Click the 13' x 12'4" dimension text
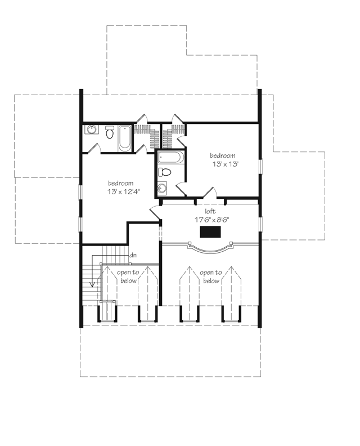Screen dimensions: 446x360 click(x=121, y=192)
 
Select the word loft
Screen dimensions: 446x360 click(x=210, y=212)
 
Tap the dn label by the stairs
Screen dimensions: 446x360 click(x=133, y=255)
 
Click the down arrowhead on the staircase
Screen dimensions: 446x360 click(x=91, y=284)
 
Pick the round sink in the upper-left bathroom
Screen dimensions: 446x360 click(x=92, y=130)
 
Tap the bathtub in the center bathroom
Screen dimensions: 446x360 click(x=170, y=157)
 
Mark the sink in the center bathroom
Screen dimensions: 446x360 click(x=163, y=188)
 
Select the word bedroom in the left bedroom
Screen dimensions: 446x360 click(x=121, y=184)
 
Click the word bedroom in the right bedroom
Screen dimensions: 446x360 click(x=223, y=156)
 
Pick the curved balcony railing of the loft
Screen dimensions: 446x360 click(x=209, y=248)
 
